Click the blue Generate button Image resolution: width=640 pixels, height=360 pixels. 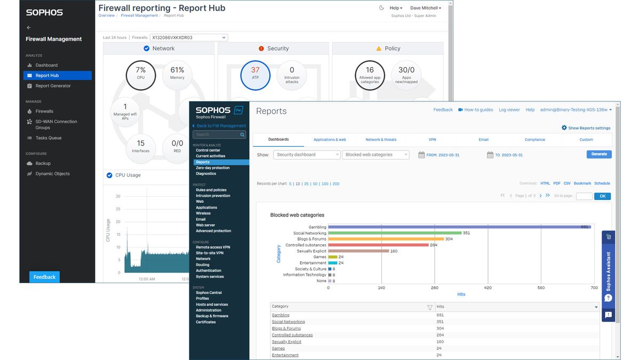point(599,154)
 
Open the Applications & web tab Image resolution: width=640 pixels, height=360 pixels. point(330,140)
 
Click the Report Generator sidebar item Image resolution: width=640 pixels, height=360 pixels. point(53,86)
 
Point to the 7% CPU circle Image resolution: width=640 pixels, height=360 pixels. point(141,76)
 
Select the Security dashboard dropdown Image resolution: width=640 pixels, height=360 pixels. point(307,155)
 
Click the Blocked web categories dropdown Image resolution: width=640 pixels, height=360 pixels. point(376,155)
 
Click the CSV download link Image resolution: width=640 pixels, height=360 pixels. point(567,183)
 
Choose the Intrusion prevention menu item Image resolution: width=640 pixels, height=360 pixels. point(213,196)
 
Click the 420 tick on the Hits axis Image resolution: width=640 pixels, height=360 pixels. point(487,288)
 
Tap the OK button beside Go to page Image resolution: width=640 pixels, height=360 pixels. point(602,196)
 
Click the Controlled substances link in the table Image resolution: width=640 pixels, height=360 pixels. point(292,335)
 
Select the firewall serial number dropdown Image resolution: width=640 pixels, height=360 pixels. point(188,38)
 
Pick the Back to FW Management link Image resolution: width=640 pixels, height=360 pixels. point(221,126)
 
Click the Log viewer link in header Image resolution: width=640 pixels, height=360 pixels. point(509,110)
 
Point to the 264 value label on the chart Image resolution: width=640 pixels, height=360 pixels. point(433,245)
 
